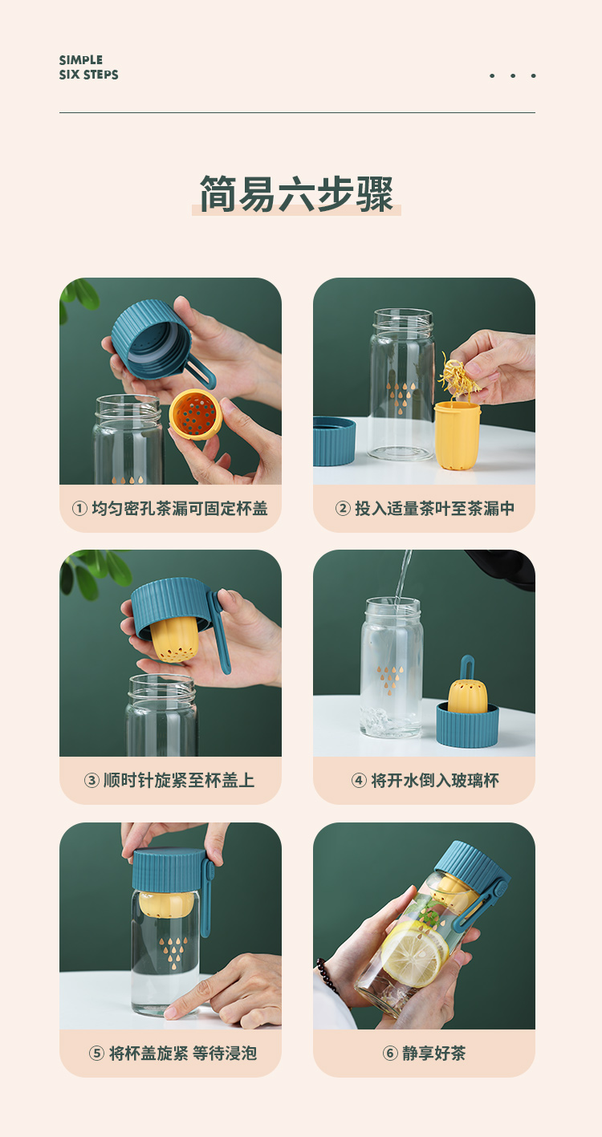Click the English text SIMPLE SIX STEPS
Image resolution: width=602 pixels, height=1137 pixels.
(88, 67)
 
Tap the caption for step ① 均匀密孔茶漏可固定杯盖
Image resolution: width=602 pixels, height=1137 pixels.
(170, 508)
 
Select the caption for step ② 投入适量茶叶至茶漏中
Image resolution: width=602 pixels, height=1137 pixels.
(424, 508)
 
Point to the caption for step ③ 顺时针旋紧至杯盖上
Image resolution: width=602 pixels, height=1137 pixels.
(170, 780)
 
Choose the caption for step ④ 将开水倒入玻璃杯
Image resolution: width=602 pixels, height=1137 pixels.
(424, 780)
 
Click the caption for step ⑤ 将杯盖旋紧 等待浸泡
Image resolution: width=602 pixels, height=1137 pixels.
(170, 1053)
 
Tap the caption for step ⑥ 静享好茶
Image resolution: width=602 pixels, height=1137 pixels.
(424, 1053)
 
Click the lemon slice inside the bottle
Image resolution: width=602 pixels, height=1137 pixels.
(414, 952)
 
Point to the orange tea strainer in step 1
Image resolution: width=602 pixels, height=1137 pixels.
(195, 414)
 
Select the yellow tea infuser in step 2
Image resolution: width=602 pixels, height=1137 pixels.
(458, 435)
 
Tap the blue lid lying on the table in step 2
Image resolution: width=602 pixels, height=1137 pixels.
(334, 441)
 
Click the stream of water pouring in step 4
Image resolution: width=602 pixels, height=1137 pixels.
(403, 574)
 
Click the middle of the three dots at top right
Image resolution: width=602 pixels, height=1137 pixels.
(512, 76)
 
